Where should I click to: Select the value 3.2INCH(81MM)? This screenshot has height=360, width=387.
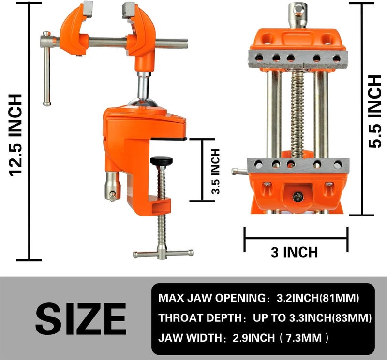pyautogui.click(x=316, y=298)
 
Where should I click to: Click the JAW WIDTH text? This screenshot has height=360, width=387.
pyautogui.click(x=191, y=338)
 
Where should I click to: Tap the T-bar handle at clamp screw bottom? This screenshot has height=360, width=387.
pyautogui.click(x=163, y=253)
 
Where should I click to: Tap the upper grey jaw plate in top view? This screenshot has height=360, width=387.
pyautogui.click(x=298, y=58)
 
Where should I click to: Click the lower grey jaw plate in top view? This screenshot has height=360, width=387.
pyautogui.click(x=298, y=165)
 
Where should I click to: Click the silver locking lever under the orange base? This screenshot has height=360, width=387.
pyautogui.click(x=111, y=186)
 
